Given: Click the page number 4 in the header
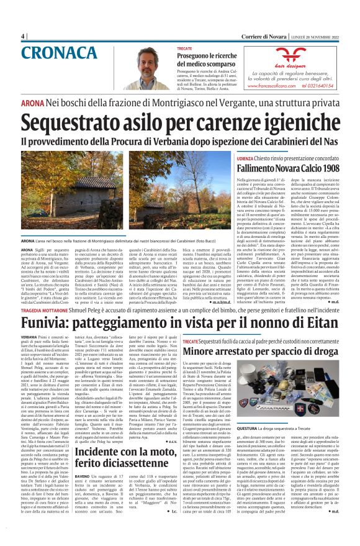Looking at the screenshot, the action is pyautogui.click(x=23, y=35).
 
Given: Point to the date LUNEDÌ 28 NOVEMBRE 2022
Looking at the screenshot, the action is pyautogui.click(x=313, y=35).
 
